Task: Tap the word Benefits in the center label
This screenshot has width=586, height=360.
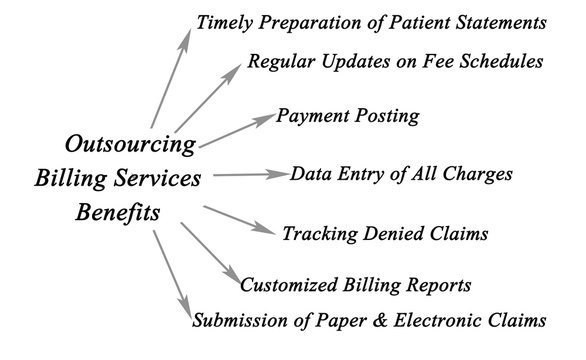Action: click(x=119, y=214)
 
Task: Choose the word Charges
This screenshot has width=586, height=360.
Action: click(x=477, y=174)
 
